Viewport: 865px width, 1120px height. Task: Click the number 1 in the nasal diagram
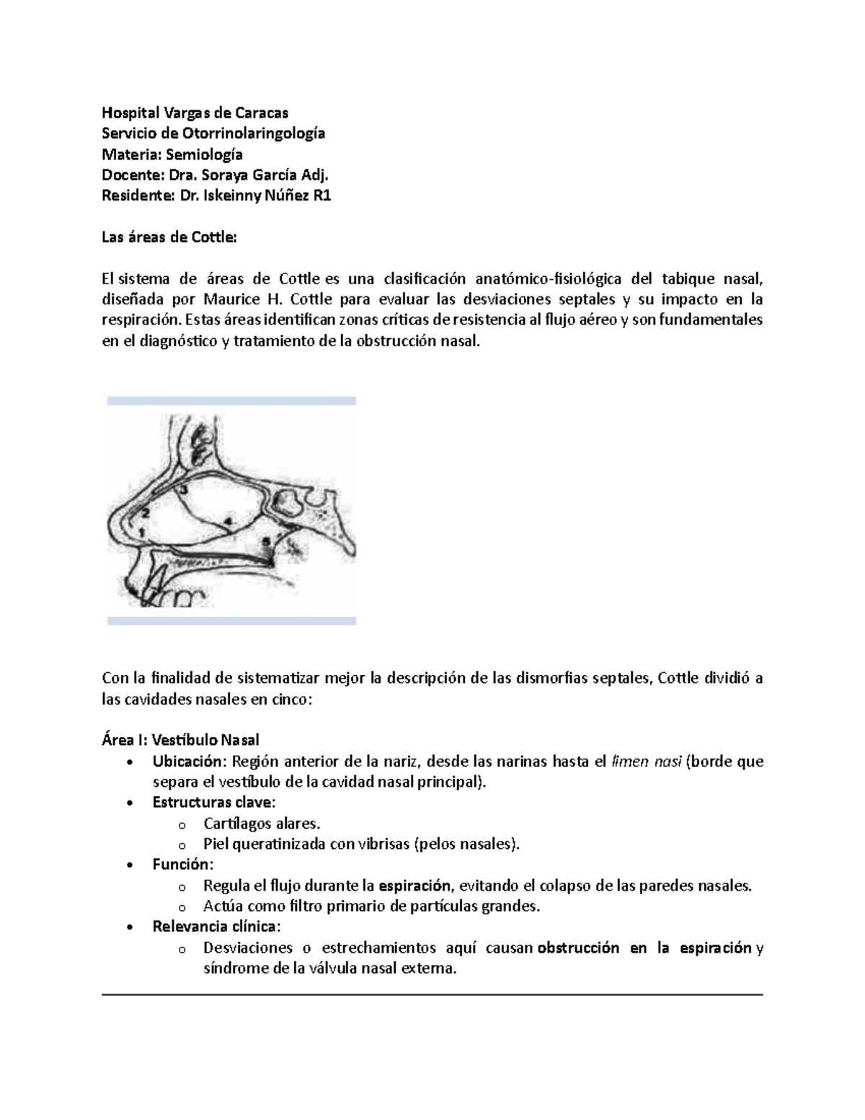[142, 532]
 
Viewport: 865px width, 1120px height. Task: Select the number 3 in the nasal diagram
[184, 490]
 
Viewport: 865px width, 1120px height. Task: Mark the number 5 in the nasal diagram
[266, 539]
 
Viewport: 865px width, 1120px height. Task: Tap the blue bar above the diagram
[231, 400]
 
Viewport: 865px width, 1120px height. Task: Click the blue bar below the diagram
[231, 620]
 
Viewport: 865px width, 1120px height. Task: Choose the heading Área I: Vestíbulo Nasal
[180, 740]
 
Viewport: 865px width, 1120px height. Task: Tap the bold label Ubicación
[189, 762]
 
